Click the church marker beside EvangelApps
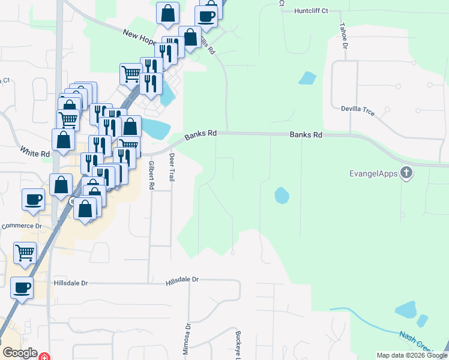[406, 173]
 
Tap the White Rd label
[35, 153]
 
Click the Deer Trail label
[172, 168]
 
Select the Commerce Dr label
[22, 226]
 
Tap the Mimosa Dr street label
[187, 338]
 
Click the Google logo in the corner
[20, 353]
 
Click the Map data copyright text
[411, 355]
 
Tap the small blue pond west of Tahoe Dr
[307, 78]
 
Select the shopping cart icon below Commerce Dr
[25, 252]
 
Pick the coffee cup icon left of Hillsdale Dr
[21, 287]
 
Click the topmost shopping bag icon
[167, 11]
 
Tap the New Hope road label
[140, 37]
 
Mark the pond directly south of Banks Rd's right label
[281, 195]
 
